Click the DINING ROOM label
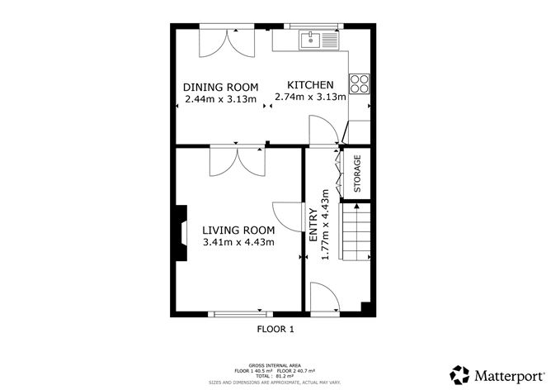(220, 87)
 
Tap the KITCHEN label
(310, 85)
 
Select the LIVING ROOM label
(238, 230)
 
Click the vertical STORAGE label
(358, 174)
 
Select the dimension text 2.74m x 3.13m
(310, 98)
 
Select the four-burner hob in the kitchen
(360, 83)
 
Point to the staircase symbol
(356, 233)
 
